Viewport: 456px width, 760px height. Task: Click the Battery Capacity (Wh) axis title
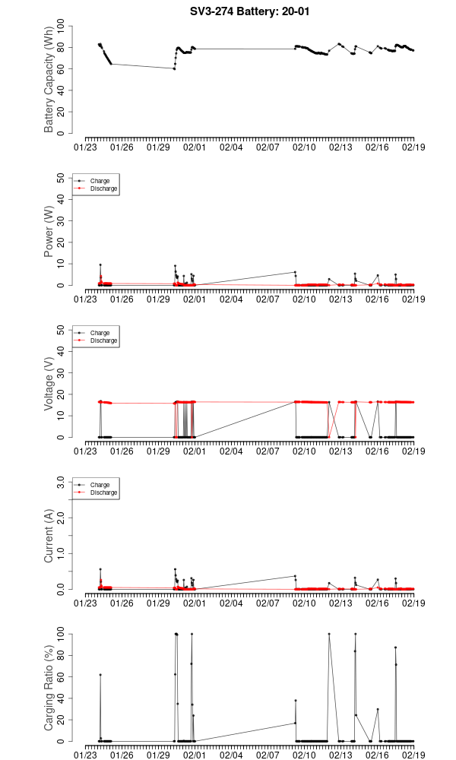pos(49,81)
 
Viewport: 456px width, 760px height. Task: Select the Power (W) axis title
pos(49,232)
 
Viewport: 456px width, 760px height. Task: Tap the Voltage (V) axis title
pos(49,384)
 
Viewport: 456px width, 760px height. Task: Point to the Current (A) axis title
pos(49,536)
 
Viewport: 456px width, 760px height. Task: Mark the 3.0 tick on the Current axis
pos(64,482)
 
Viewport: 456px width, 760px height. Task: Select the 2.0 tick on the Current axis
pos(64,518)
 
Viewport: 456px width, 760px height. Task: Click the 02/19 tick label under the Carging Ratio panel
pos(413,754)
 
